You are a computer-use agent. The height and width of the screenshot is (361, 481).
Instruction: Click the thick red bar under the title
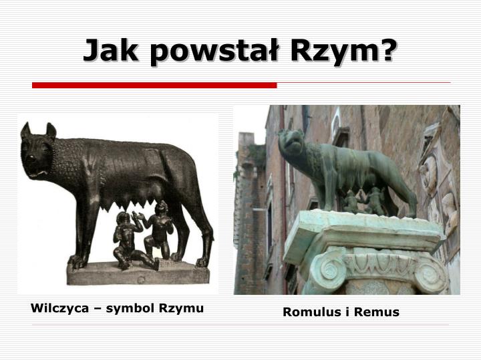154,86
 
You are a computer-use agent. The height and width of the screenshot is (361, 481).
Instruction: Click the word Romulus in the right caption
309,312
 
